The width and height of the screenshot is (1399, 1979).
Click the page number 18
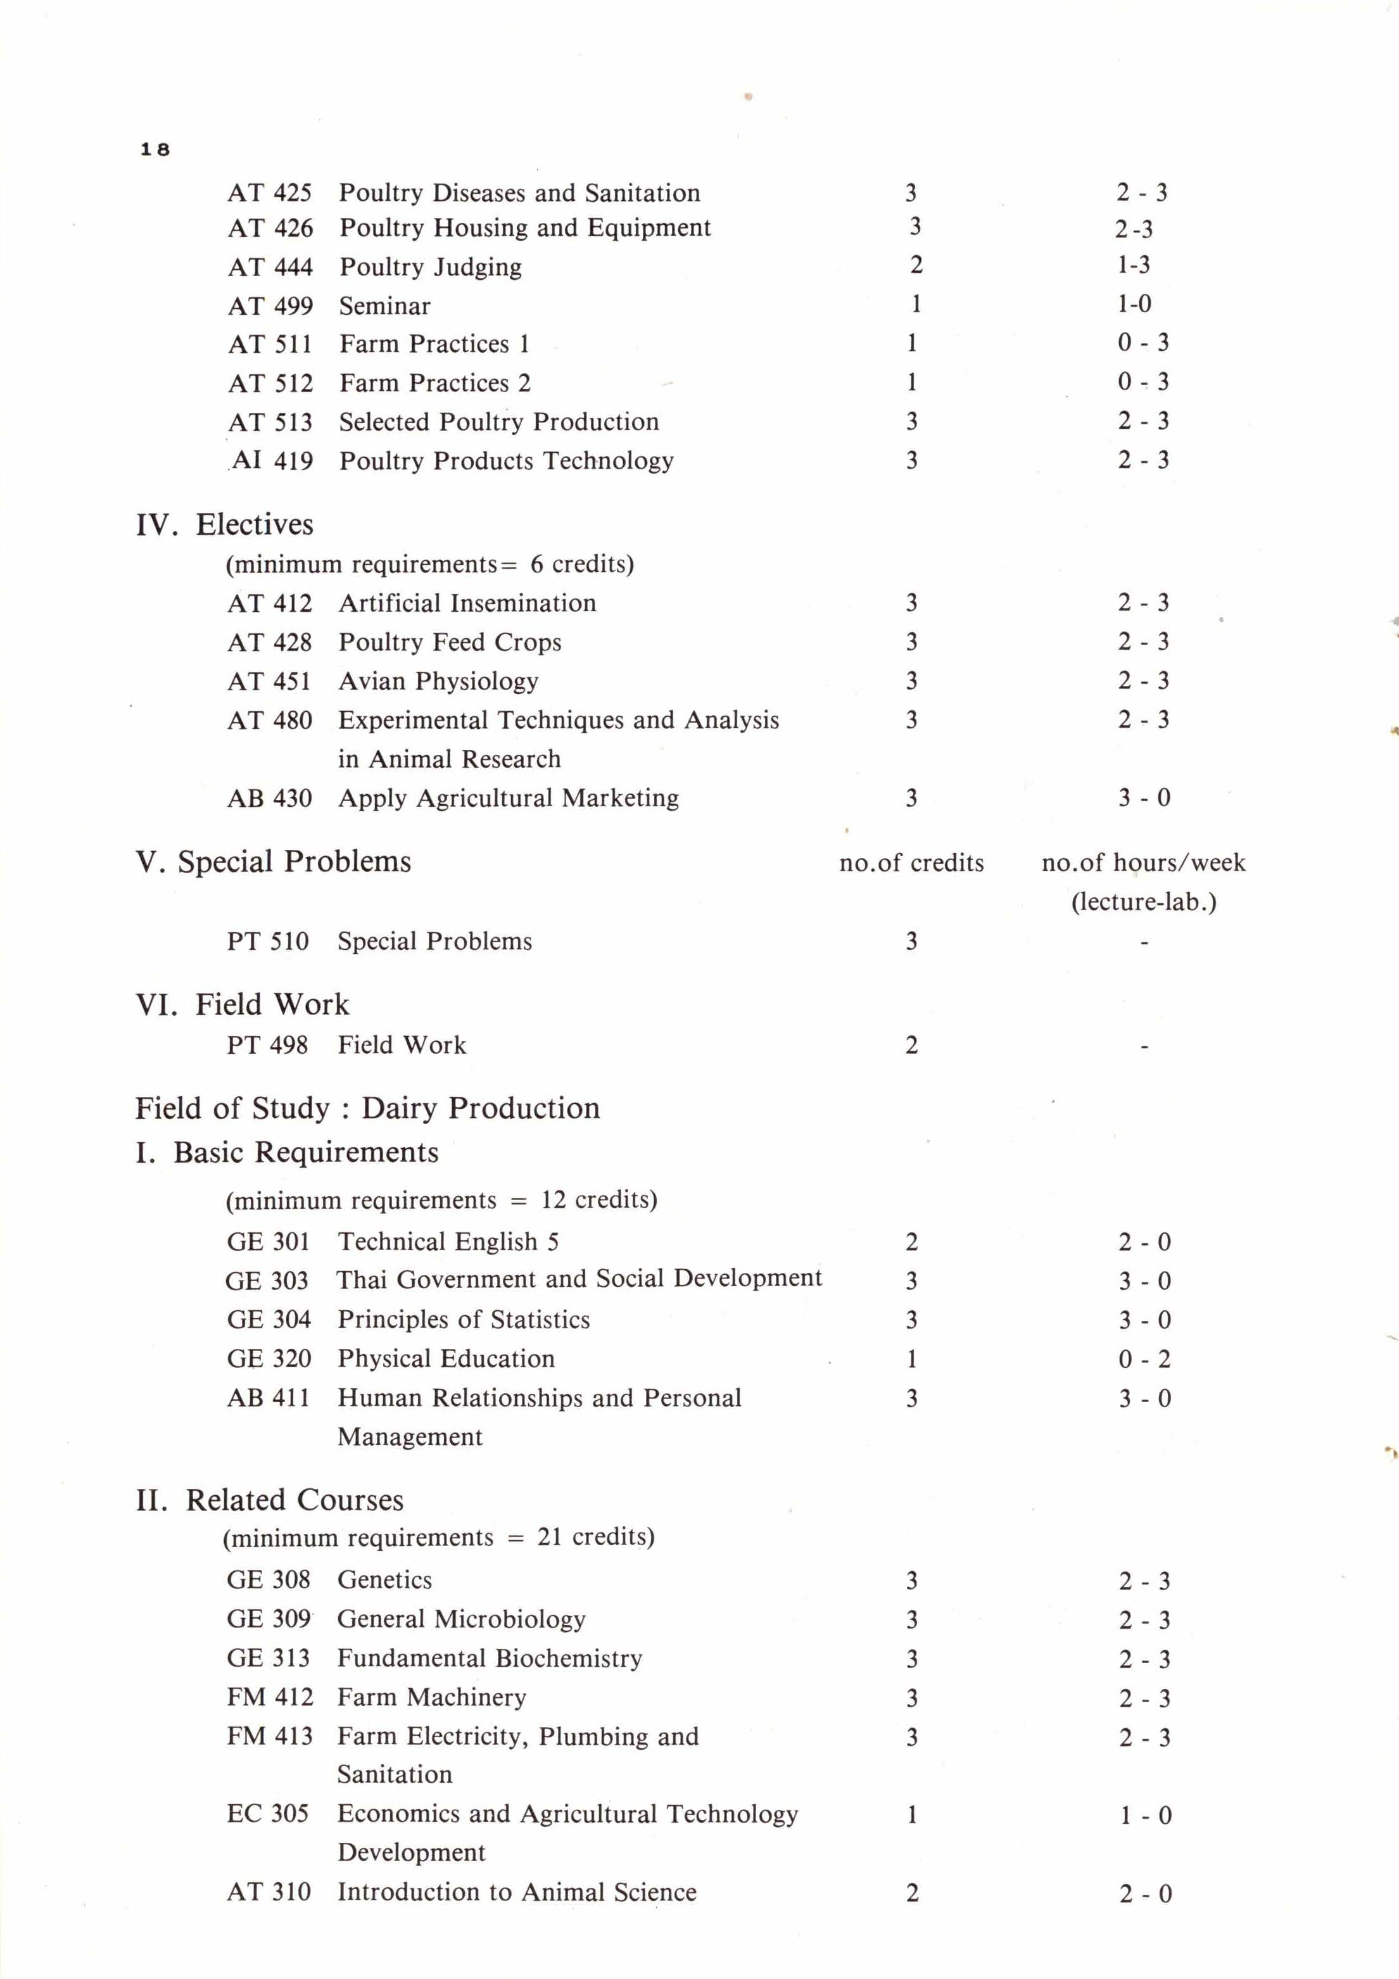155,149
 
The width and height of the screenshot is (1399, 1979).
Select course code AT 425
269,193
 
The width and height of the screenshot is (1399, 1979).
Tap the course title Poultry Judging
430,267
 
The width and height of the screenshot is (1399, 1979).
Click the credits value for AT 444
915,265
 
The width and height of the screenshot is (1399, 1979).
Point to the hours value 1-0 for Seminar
1134,303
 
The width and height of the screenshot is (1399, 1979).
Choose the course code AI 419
272,460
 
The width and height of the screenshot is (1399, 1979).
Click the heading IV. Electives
224,524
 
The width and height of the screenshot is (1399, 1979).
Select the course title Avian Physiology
438,681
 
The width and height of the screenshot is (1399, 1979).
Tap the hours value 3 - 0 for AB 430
1144,797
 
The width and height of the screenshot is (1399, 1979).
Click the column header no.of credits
911,863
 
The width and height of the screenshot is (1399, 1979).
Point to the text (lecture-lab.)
1143,902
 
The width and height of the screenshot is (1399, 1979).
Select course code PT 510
267,940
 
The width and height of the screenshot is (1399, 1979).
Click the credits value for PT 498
911,1046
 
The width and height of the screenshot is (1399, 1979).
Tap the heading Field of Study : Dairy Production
367,1108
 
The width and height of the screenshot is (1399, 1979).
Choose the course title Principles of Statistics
464,1320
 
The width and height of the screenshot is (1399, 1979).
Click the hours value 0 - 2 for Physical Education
1144,1359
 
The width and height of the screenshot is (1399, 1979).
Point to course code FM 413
269,1736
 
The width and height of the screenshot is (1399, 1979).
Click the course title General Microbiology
461,1619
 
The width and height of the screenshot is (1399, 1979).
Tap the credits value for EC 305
911,1814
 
